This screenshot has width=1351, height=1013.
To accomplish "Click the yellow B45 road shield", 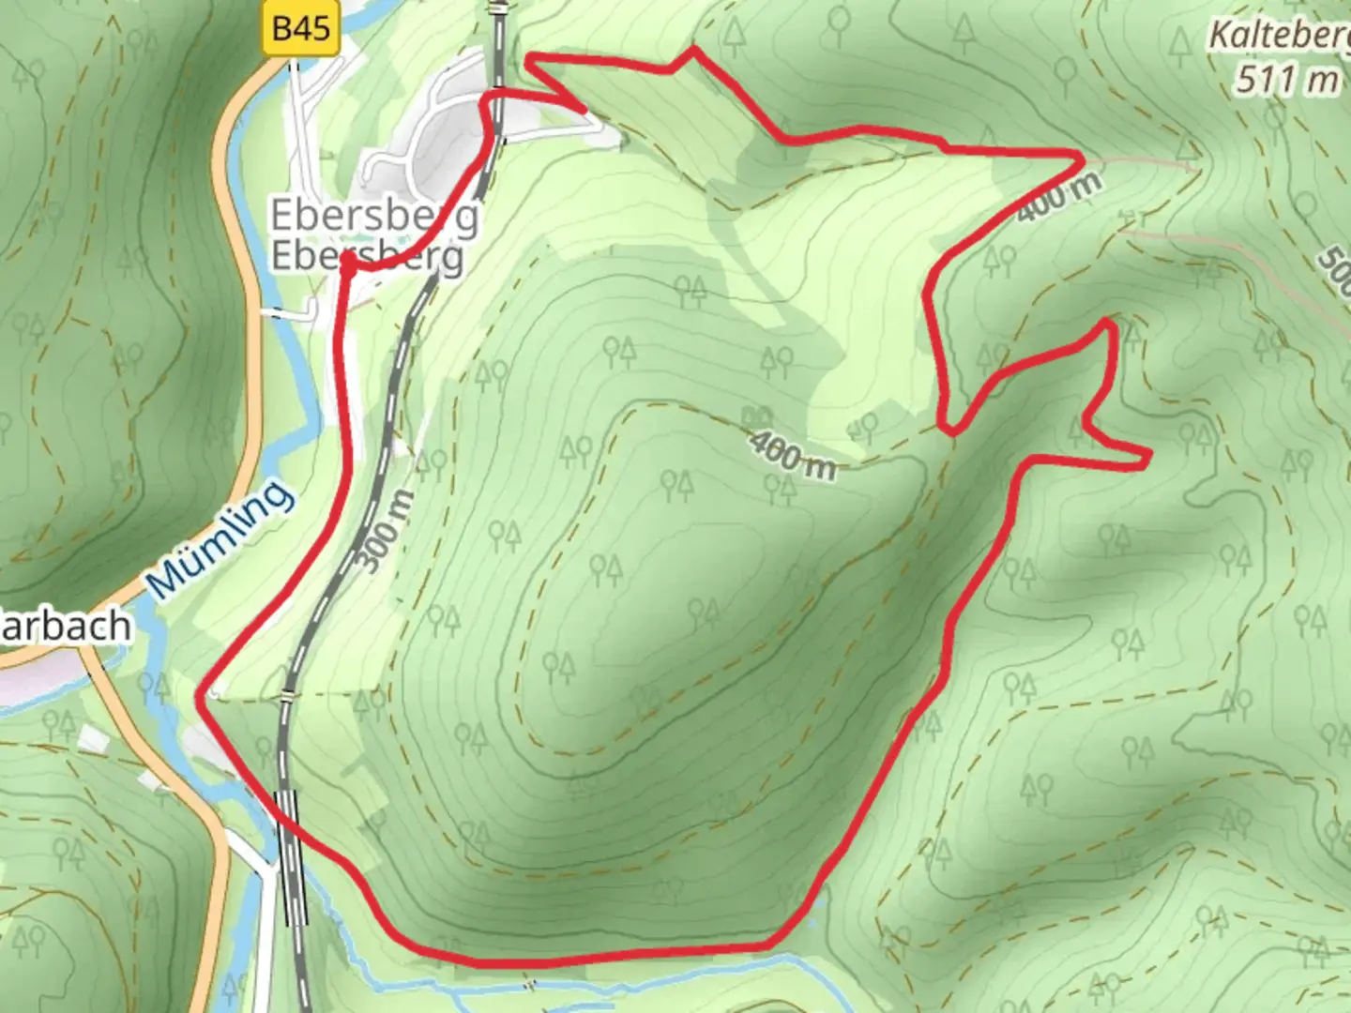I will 301,28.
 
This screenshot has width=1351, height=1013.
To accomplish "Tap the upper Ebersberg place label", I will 374,216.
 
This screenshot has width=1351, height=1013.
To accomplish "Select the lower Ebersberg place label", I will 367,255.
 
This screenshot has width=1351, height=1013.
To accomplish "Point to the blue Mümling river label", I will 220,538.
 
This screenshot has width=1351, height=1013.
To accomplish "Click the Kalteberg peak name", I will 1279,36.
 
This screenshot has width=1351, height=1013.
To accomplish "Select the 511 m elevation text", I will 1286,80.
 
